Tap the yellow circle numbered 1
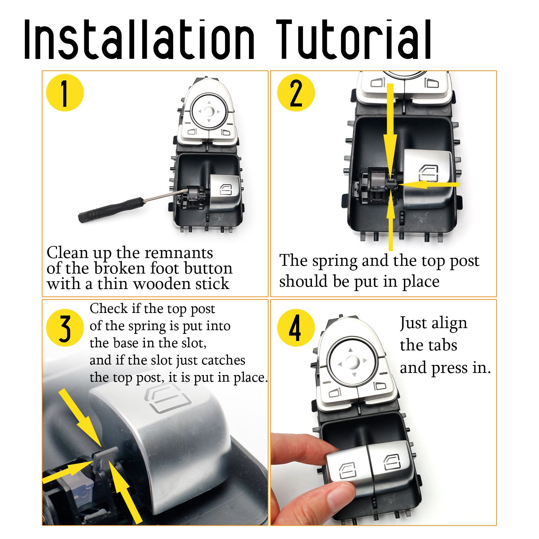(65, 93)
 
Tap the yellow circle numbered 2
(296, 93)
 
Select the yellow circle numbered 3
(65, 328)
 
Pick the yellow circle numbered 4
(296, 328)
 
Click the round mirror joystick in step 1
(209, 112)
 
